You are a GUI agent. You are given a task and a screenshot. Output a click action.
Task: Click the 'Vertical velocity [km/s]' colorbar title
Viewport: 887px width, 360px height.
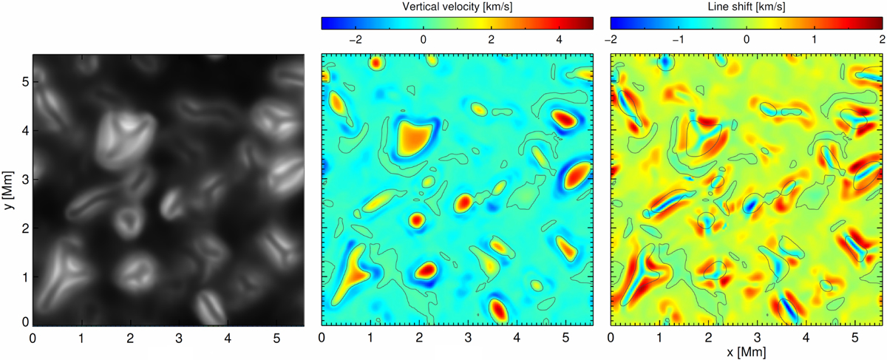coord(457,7)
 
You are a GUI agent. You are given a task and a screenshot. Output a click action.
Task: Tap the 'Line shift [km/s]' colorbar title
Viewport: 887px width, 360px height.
coord(747,7)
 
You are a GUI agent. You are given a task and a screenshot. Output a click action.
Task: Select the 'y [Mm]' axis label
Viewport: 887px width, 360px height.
coord(8,190)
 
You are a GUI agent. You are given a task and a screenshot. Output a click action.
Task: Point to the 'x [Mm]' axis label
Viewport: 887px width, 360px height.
coord(747,352)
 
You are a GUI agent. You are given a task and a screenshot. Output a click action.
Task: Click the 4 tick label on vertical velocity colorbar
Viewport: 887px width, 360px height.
coord(559,40)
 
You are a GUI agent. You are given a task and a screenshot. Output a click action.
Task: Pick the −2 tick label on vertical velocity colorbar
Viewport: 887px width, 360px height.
coord(356,40)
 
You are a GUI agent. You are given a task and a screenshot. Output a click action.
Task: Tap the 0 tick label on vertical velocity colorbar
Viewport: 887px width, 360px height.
coord(424,40)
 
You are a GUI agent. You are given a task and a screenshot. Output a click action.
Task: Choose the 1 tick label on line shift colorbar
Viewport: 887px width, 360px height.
coord(814,40)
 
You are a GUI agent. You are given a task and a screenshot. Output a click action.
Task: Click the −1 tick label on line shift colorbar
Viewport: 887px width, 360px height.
coord(679,40)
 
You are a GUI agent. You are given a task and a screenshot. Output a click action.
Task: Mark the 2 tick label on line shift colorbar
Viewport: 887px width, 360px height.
coord(882,40)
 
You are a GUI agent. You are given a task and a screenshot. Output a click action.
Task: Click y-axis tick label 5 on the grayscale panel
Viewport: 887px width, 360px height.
coord(25,82)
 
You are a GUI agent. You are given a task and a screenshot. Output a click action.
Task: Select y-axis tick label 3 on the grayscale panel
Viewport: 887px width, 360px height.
coord(25,180)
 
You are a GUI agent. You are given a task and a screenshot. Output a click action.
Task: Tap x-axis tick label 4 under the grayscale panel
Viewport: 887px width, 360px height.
coord(228,339)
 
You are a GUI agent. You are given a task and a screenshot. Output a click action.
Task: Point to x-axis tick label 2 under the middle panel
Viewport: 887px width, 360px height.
coord(419,339)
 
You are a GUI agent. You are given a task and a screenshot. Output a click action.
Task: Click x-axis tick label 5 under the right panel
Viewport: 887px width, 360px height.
coord(855,339)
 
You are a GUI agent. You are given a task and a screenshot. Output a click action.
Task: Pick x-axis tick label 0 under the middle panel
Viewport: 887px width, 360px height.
coord(322,339)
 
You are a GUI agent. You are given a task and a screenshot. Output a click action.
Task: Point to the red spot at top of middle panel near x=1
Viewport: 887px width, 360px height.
coord(376,63)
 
